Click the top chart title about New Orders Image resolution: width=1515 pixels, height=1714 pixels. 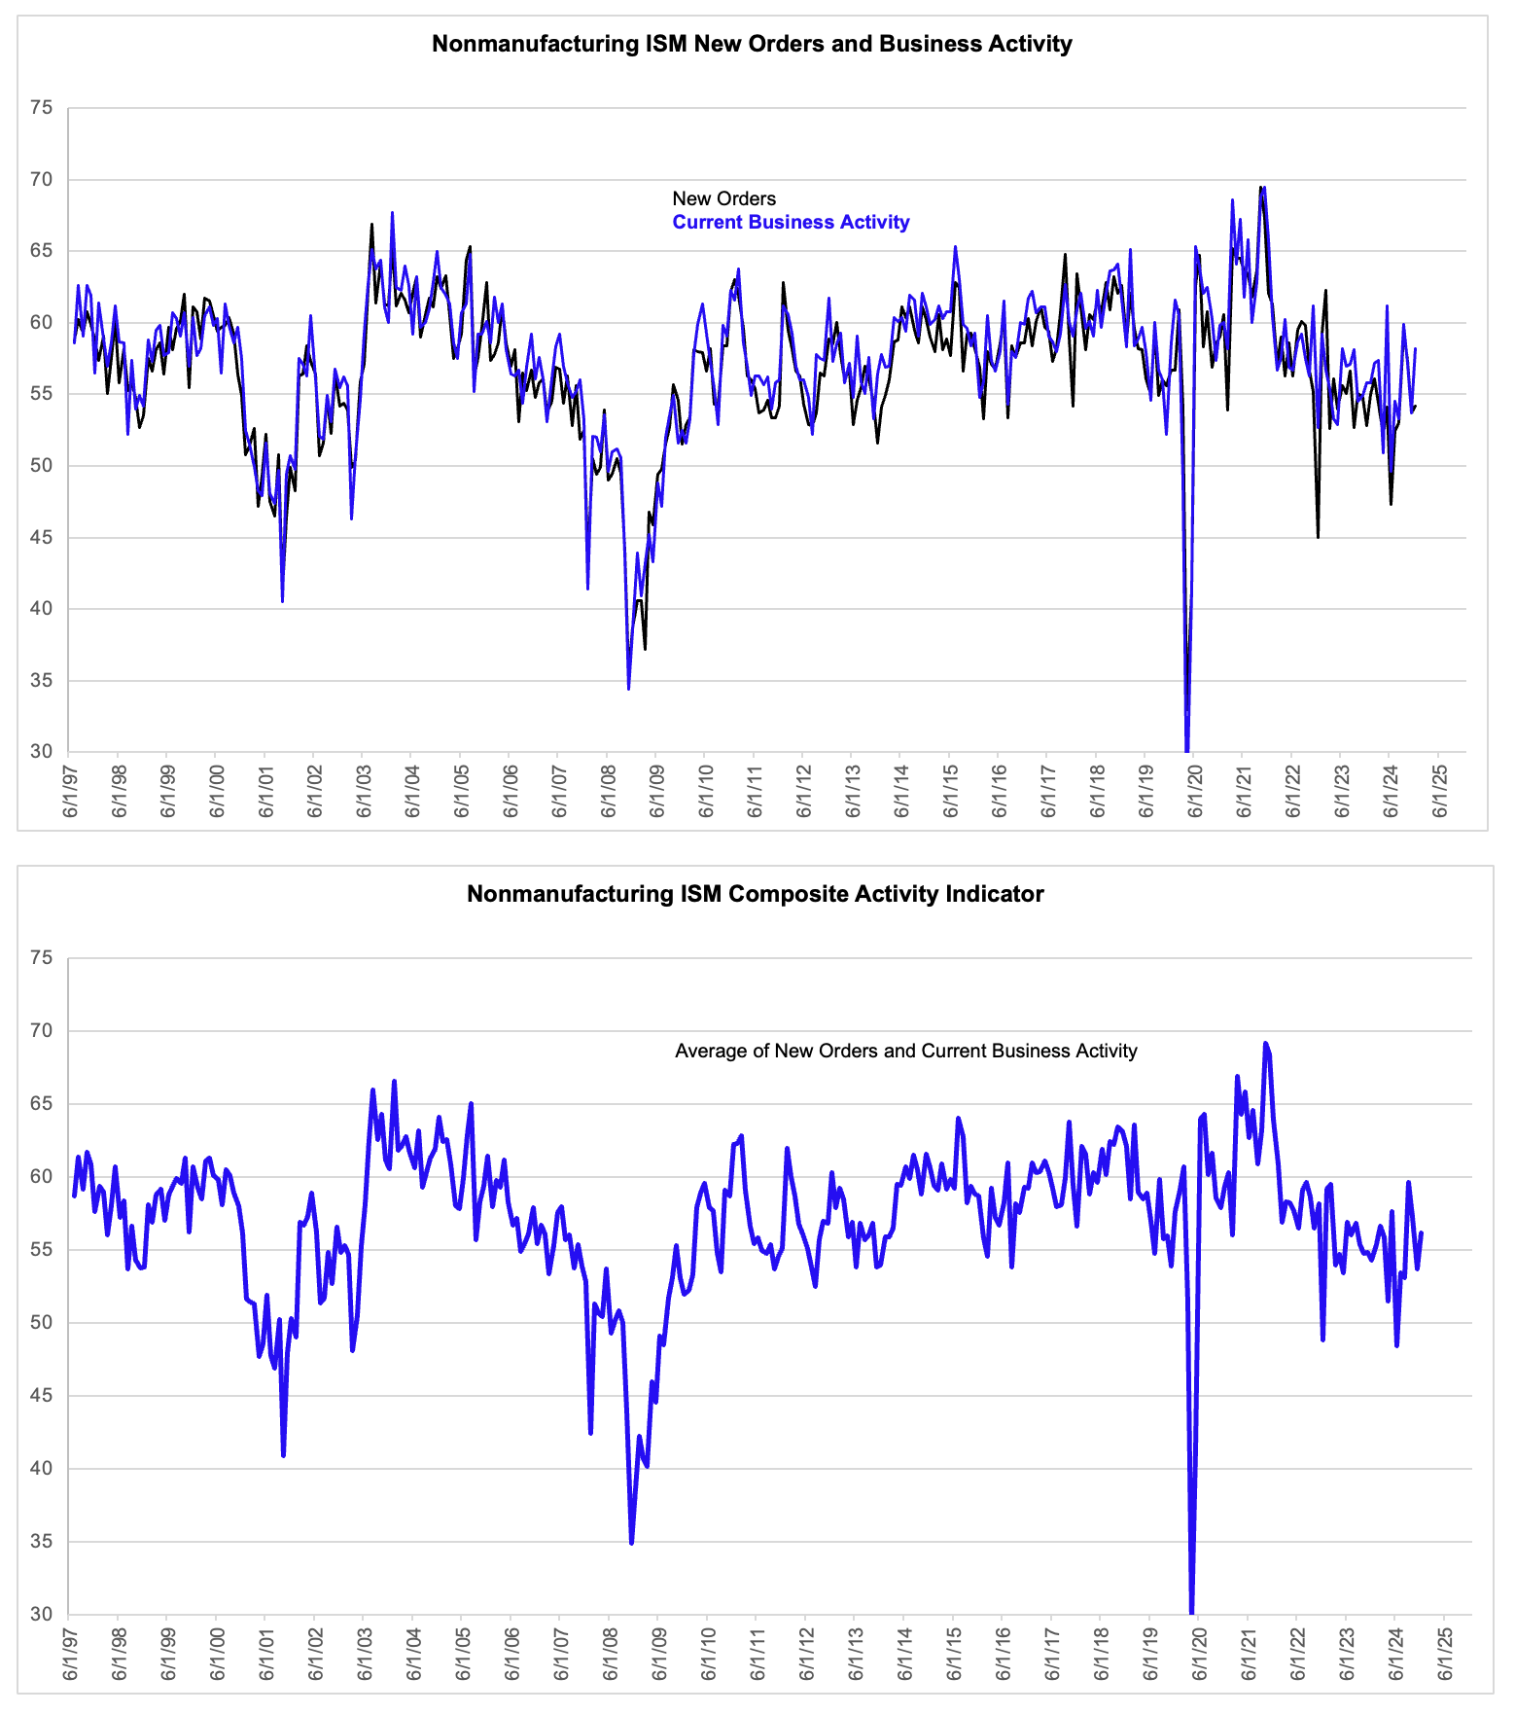click(752, 44)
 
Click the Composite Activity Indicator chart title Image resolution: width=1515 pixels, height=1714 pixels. click(756, 894)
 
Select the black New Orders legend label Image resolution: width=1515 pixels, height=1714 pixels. click(724, 198)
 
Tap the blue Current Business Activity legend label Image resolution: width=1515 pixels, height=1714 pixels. click(791, 222)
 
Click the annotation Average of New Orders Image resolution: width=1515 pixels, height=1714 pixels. click(906, 1051)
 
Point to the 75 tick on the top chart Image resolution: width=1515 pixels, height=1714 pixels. click(41, 108)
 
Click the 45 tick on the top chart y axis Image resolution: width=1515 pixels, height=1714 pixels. click(41, 537)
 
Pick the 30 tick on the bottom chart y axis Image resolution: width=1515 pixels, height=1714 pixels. click(41, 1614)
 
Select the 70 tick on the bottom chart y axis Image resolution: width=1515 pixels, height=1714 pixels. click(41, 1030)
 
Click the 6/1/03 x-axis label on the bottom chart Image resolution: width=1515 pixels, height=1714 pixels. click(365, 1653)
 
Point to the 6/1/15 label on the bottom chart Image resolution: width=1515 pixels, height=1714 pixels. click(953, 1653)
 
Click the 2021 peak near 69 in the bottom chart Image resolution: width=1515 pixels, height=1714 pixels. click(1265, 1044)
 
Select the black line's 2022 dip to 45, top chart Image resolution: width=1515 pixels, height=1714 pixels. click(1318, 537)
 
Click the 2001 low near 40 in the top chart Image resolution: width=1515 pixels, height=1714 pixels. click(282, 601)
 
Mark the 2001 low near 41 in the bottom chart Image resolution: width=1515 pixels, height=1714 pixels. click(283, 1455)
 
